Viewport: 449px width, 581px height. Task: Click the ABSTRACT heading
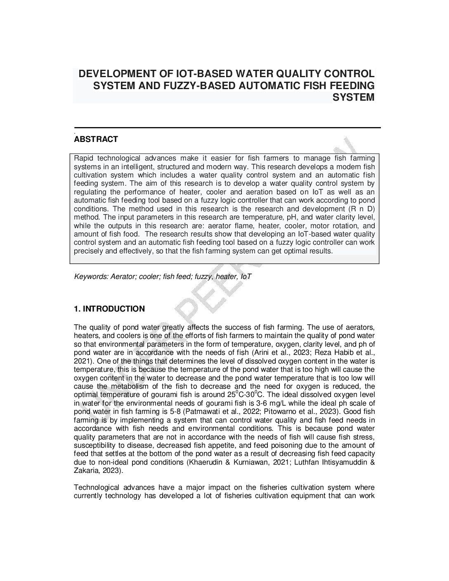[x=96, y=139]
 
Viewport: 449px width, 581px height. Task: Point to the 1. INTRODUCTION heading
[x=109, y=309]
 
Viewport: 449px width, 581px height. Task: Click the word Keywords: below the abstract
[x=91, y=276]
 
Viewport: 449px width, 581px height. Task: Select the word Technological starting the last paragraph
[x=97, y=487]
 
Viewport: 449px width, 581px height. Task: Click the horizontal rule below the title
[x=227, y=128]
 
